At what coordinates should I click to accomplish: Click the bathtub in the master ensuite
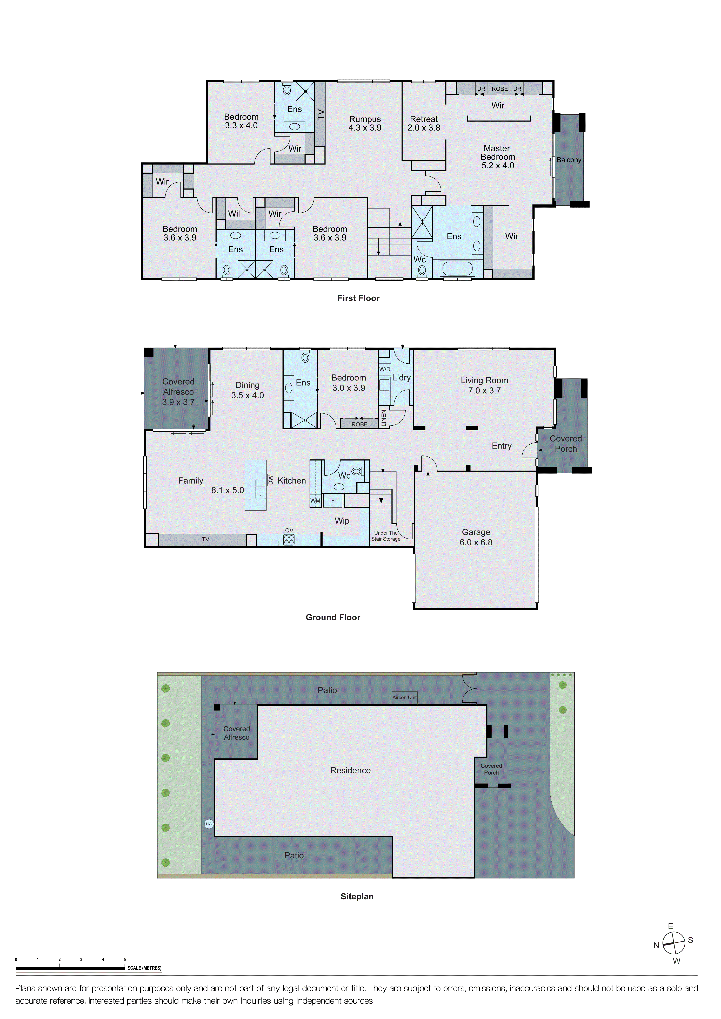(457, 269)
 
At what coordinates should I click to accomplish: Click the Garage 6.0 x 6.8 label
(476, 537)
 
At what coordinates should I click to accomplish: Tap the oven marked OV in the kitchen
(289, 539)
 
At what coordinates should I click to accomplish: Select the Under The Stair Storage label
(386, 536)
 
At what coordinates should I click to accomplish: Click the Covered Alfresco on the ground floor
(178, 392)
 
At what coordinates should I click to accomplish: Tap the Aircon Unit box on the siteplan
(404, 697)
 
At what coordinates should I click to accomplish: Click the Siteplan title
(357, 896)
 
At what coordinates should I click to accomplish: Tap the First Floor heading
(358, 298)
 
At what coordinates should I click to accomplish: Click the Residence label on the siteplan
(350, 770)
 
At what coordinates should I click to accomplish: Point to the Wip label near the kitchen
(342, 521)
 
